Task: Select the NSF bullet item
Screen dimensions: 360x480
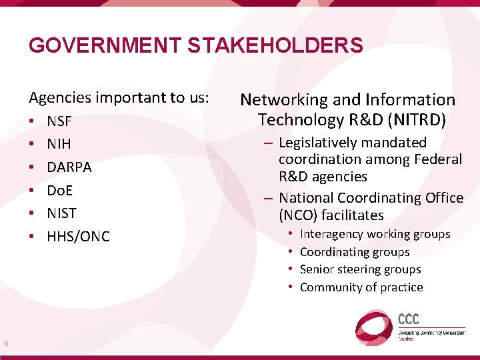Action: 59,123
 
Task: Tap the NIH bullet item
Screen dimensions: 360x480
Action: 59,144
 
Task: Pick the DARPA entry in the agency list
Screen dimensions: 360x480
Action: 69,167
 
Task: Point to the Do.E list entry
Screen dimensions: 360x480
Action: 59,191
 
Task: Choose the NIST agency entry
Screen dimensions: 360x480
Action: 61,213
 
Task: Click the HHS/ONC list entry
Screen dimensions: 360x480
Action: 78,237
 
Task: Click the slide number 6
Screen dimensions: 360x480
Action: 6,343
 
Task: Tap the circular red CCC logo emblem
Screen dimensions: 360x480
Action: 373,327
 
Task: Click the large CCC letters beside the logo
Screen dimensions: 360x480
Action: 409,319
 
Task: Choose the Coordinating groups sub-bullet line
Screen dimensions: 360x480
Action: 355,252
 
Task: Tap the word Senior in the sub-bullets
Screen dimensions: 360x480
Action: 316,269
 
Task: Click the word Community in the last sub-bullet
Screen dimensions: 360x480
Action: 330,287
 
